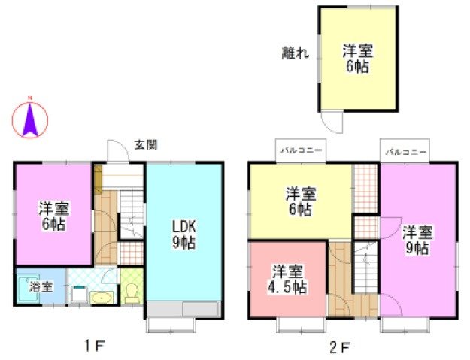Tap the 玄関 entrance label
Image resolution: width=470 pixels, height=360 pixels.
pyautogui.click(x=145, y=144)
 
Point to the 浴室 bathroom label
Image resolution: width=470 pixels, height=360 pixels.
pyautogui.click(x=41, y=286)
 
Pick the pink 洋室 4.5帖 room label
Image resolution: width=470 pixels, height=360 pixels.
pyautogui.click(x=289, y=277)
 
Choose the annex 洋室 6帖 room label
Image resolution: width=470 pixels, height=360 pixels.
pyautogui.click(x=358, y=59)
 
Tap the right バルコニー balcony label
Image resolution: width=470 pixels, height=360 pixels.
pyautogui.click(x=406, y=151)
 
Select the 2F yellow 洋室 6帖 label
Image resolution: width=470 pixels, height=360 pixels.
pyautogui.click(x=300, y=202)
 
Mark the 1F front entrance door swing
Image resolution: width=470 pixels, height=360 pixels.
pyautogui.click(x=117, y=152)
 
